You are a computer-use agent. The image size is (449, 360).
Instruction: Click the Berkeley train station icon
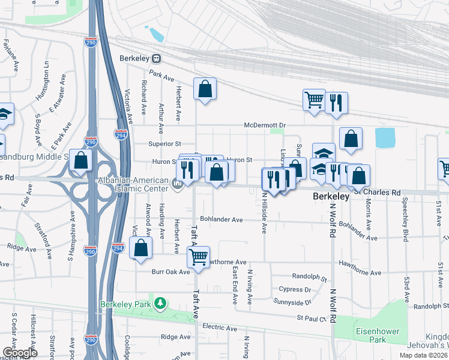(157, 59)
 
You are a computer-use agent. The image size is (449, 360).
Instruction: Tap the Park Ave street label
(161, 77)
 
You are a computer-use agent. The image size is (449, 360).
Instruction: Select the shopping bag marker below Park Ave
(205, 89)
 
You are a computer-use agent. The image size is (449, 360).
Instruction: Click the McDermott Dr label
(267, 125)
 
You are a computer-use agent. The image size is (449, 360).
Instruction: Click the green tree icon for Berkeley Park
(160, 304)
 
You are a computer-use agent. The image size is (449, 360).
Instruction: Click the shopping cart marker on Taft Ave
(198, 258)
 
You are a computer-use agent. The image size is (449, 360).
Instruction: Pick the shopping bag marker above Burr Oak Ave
(140, 248)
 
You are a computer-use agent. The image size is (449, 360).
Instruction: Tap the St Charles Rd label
(376, 193)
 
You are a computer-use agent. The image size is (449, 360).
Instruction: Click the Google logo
(20, 353)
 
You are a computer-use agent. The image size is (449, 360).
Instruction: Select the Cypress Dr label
(295, 289)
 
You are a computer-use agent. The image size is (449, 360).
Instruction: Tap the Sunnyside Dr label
(293, 301)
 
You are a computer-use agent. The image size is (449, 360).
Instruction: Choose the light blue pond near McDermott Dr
(385, 137)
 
